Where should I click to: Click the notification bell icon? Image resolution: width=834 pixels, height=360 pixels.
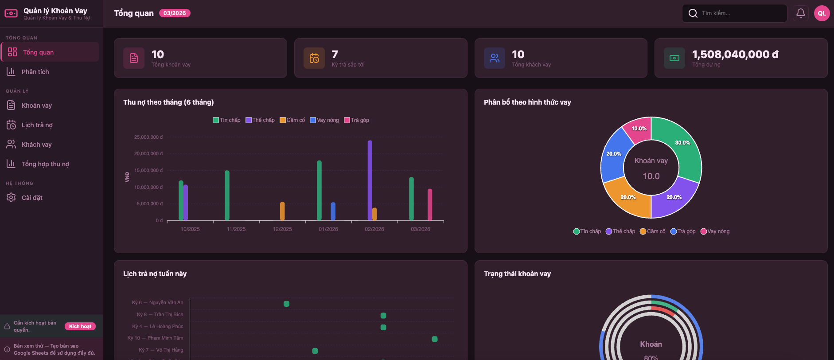pyautogui.click(x=800, y=13)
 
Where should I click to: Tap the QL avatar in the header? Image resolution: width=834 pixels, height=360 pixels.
pyautogui.click(x=822, y=13)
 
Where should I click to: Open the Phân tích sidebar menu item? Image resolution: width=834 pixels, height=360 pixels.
pyautogui.click(x=35, y=72)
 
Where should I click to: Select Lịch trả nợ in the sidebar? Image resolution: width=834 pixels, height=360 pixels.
pyautogui.click(x=37, y=125)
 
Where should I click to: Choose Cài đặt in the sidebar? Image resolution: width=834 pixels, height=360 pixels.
pyautogui.click(x=32, y=198)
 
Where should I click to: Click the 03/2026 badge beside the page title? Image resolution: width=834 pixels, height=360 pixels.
pyautogui.click(x=175, y=13)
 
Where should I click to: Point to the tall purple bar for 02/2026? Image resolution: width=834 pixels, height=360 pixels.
pyautogui.click(x=370, y=180)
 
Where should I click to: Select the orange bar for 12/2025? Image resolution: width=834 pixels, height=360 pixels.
pyautogui.click(x=282, y=211)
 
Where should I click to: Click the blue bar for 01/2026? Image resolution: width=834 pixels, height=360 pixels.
pyautogui.click(x=333, y=211)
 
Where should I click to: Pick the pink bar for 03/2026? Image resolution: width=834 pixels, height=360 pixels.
pyautogui.click(x=430, y=204)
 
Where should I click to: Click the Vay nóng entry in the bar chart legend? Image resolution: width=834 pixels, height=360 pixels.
pyautogui.click(x=324, y=120)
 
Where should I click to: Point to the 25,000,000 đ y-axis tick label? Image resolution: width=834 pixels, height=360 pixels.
pyautogui.click(x=148, y=137)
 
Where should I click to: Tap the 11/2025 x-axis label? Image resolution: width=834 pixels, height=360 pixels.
pyautogui.click(x=236, y=229)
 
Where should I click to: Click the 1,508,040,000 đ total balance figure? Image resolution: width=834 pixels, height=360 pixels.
pyautogui.click(x=735, y=55)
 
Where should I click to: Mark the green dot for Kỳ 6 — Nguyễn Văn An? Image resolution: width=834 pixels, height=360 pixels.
pyautogui.click(x=286, y=304)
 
